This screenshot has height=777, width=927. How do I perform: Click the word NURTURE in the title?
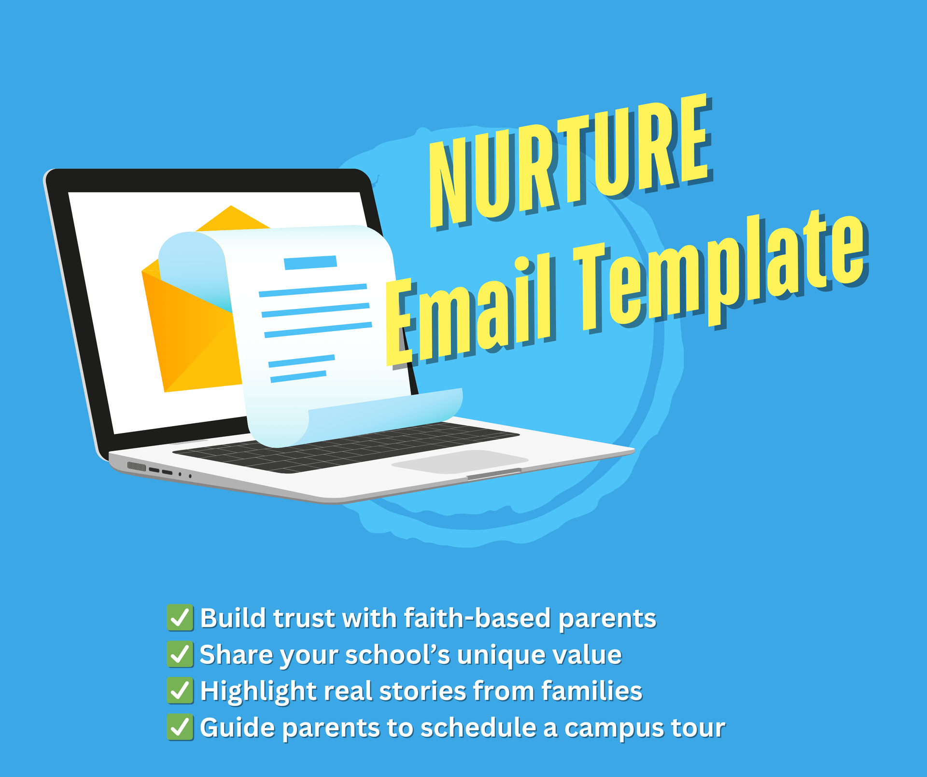click(x=570, y=162)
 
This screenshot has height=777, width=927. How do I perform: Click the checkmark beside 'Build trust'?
click(x=180, y=618)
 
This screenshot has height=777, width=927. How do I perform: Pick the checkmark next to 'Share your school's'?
click(x=180, y=654)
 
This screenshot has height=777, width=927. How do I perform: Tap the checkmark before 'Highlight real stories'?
click(x=180, y=691)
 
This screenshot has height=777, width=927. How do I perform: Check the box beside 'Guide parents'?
click(x=180, y=727)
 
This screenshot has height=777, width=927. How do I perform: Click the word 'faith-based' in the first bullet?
click(x=477, y=618)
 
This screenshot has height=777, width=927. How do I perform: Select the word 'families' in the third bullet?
click(x=592, y=691)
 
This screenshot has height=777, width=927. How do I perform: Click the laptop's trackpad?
click(x=460, y=461)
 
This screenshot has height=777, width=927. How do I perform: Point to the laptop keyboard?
click(x=346, y=447)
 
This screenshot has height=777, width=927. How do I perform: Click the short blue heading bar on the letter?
click(x=310, y=263)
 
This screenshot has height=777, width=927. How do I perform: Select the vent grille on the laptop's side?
click(x=137, y=467)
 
